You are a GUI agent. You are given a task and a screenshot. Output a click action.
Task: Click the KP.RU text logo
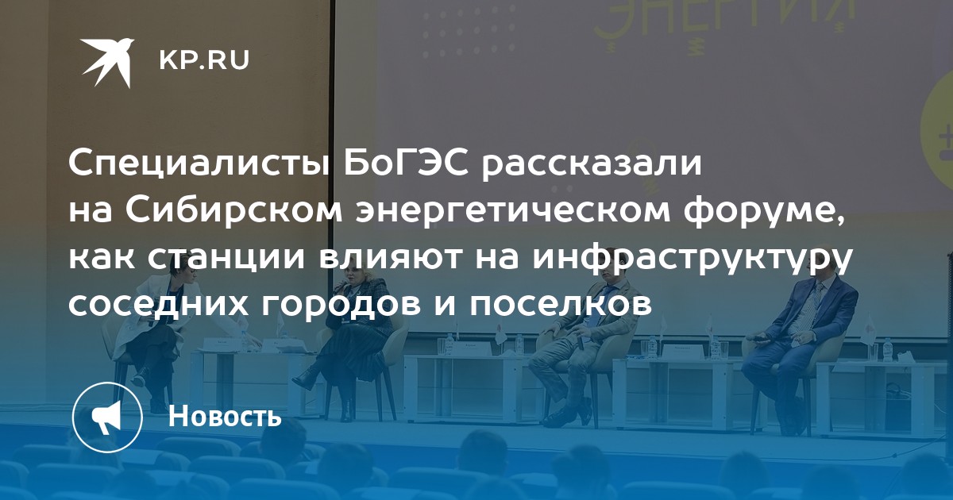[204, 61]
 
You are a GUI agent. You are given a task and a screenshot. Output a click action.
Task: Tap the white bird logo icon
[108, 63]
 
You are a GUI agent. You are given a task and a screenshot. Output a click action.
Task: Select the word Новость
[225, 415]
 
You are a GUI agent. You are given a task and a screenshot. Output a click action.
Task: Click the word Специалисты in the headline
[199, 165]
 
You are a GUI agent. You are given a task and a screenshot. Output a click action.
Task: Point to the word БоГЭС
[406, 163]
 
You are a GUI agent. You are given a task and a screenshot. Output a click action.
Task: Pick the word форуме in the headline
[763, 213]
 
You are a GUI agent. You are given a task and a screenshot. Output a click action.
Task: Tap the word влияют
[391, 258]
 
